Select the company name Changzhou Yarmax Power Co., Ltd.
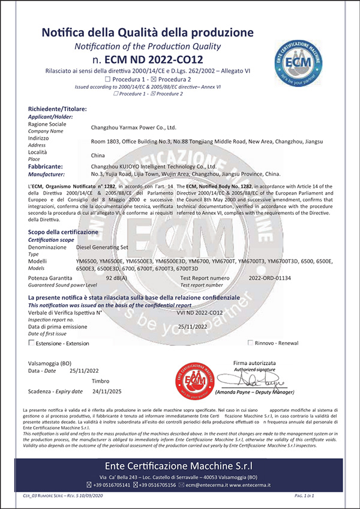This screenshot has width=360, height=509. point(133,127)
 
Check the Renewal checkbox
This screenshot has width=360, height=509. point(251,343)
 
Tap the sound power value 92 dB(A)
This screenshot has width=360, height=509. point(115,279)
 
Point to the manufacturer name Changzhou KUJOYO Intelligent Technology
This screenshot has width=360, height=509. point(153,166)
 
